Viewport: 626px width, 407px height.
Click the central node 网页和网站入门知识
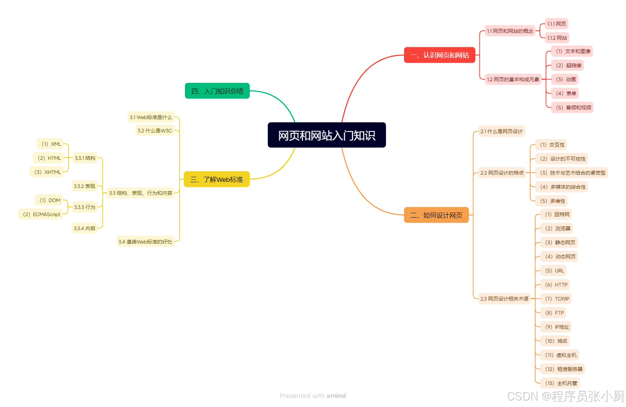pos(327,135)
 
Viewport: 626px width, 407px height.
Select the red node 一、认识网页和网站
pos(439,55)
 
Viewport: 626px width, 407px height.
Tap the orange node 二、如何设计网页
pos(436,215)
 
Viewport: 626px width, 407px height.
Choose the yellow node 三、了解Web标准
pos(217,179)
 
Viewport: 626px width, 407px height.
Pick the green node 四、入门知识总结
pos(217,91)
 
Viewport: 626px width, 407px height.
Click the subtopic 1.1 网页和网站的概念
pos(510,31)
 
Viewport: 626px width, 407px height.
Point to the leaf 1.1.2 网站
pos(557,38)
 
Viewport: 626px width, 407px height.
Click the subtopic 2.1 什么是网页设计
pos(501,131)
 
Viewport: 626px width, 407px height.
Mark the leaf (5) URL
pos(554,271)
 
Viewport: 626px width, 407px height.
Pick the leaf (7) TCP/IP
pos(557,299)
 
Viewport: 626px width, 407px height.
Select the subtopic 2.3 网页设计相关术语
pos(504,299)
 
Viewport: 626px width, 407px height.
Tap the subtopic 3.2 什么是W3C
pos(155,131)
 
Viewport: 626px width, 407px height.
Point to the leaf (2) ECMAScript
pos(41,214)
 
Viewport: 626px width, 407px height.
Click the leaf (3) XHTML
pos(48,172)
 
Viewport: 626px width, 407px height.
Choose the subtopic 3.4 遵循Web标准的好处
pos(145,242)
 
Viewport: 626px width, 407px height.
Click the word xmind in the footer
pos(336,396)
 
